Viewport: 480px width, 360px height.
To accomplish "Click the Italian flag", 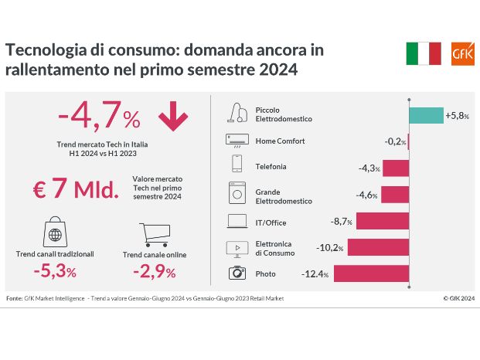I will pos(423,53).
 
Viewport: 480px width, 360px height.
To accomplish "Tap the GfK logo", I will pos(458,53).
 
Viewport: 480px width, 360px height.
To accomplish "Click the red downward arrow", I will pos(173,117).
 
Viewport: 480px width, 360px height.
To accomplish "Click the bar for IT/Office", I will pos(382,222).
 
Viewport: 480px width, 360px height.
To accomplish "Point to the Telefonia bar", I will pos(395,168).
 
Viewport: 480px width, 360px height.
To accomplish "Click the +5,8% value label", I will pos(456,115).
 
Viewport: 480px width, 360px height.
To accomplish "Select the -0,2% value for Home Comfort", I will pos(395,141).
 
